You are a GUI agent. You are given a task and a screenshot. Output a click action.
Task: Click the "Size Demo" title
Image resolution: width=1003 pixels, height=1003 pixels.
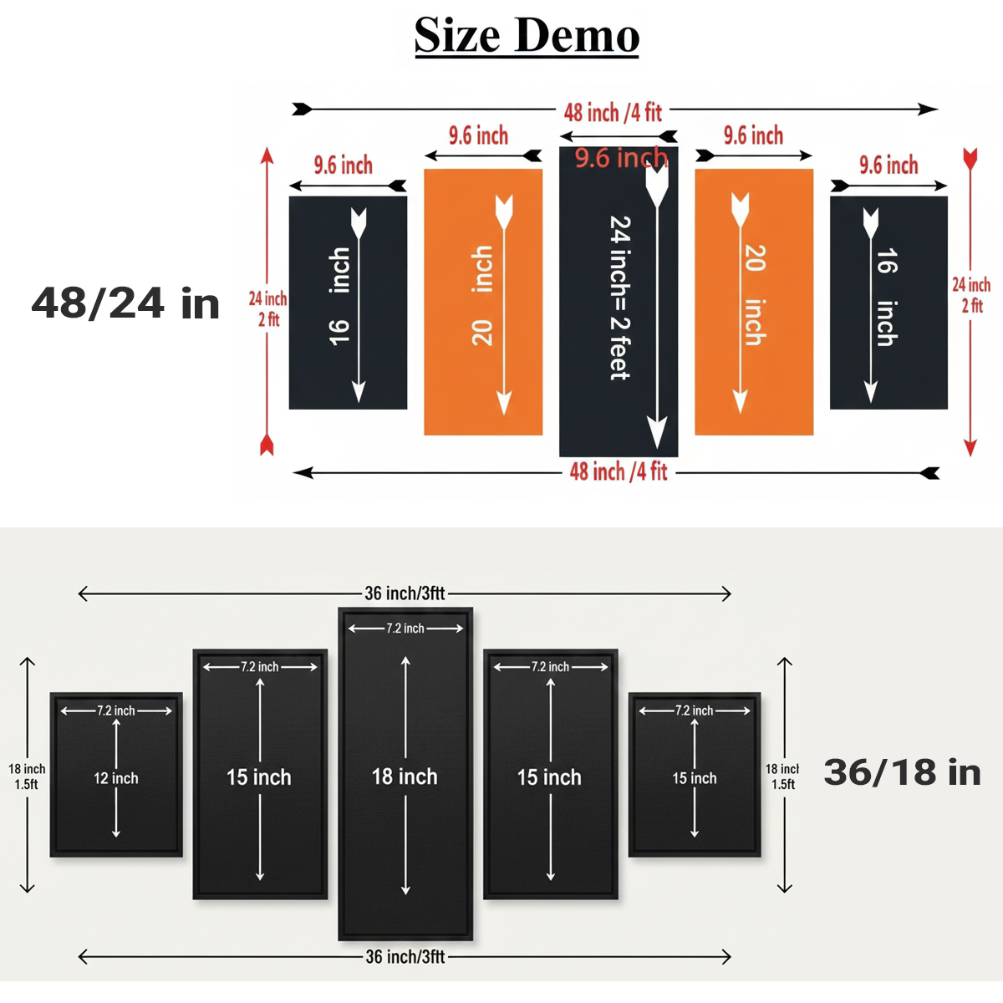click(527, 36)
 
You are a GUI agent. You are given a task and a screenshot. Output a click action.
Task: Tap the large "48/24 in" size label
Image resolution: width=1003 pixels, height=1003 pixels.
click(125, 303)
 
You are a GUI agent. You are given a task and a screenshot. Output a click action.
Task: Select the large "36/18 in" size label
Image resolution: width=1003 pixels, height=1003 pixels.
click(902, 772)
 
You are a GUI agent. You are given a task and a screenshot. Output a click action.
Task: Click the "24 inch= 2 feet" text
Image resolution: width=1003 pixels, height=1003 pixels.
click(619, 298)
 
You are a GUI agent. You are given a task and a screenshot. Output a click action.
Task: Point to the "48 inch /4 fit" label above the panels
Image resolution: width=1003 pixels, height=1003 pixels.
click(613, 112)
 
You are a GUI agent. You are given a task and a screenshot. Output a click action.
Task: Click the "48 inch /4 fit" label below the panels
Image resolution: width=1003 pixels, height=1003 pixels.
click(619, 472)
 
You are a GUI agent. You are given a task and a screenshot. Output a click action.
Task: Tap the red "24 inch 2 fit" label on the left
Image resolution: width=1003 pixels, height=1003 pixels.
click(267, 308)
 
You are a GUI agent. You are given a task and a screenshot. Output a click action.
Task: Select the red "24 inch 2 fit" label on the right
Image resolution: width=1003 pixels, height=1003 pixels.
click(971, 294)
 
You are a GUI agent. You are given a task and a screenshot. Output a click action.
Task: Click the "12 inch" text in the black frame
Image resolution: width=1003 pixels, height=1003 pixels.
click(115, 778)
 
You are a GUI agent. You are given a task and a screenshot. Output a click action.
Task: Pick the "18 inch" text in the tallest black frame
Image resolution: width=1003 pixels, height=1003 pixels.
click(405, 776)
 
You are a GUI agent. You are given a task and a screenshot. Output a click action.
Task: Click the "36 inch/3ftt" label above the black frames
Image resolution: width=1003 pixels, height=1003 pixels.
click(405, 593)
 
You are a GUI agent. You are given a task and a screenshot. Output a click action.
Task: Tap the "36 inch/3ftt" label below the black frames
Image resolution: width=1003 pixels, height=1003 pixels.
click(405, 956)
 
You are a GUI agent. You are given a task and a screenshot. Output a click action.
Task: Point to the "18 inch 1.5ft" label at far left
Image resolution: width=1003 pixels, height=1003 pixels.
click(27, 776)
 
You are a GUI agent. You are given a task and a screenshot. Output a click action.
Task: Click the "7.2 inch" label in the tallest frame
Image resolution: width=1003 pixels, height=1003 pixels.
click(405, 629)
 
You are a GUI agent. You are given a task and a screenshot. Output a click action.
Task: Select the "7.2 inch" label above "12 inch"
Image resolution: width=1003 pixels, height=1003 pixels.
click(115, 710)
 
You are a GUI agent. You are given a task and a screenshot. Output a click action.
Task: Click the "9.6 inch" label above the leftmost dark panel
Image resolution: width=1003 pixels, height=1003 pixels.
click(344, 165)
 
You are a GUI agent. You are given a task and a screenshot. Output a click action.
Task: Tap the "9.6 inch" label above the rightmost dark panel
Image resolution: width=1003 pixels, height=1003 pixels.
click(888, 165)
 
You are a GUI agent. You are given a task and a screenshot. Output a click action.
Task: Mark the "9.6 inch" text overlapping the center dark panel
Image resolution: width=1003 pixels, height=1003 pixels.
click(621, 157)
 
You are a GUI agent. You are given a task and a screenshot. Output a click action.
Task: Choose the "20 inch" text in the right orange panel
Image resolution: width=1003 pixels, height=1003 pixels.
click(755, 295)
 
